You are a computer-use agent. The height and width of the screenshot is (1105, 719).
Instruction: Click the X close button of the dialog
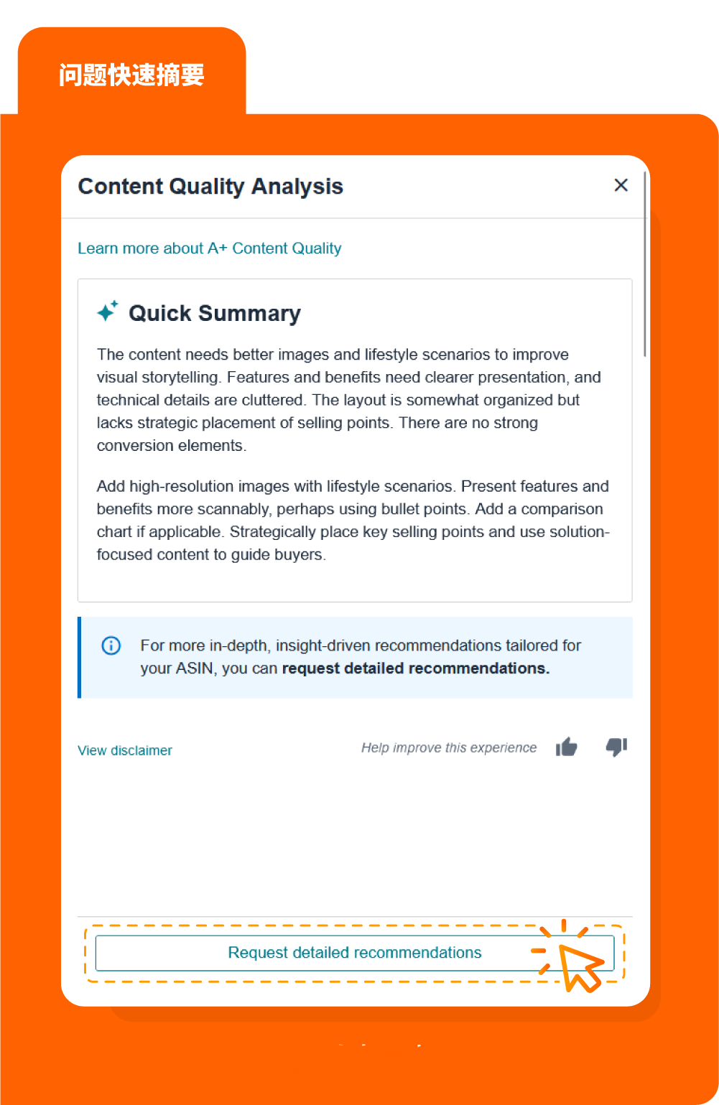tap(621, 185)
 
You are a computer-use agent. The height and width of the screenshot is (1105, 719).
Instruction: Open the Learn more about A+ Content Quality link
tap(209, 248)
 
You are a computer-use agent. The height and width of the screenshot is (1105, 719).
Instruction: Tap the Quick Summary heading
tap(214, 314)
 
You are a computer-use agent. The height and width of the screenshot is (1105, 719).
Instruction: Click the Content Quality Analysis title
tap(210, 187)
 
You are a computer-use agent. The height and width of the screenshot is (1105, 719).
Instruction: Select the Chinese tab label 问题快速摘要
tap(131, 75)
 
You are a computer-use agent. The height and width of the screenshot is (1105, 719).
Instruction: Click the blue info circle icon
tap(111, 645)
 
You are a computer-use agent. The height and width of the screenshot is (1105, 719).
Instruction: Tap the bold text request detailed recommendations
tap(415, 668)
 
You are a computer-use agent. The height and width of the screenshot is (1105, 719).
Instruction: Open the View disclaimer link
tap(125, 750)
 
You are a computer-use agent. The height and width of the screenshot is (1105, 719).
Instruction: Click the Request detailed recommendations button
tap(354, 953)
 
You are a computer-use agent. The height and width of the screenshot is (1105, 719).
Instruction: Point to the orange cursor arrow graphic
tap(579, 966)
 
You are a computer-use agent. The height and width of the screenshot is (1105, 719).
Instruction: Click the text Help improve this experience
tap(449, 747)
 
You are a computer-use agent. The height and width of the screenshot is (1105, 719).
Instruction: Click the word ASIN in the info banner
tap(195, 668)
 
